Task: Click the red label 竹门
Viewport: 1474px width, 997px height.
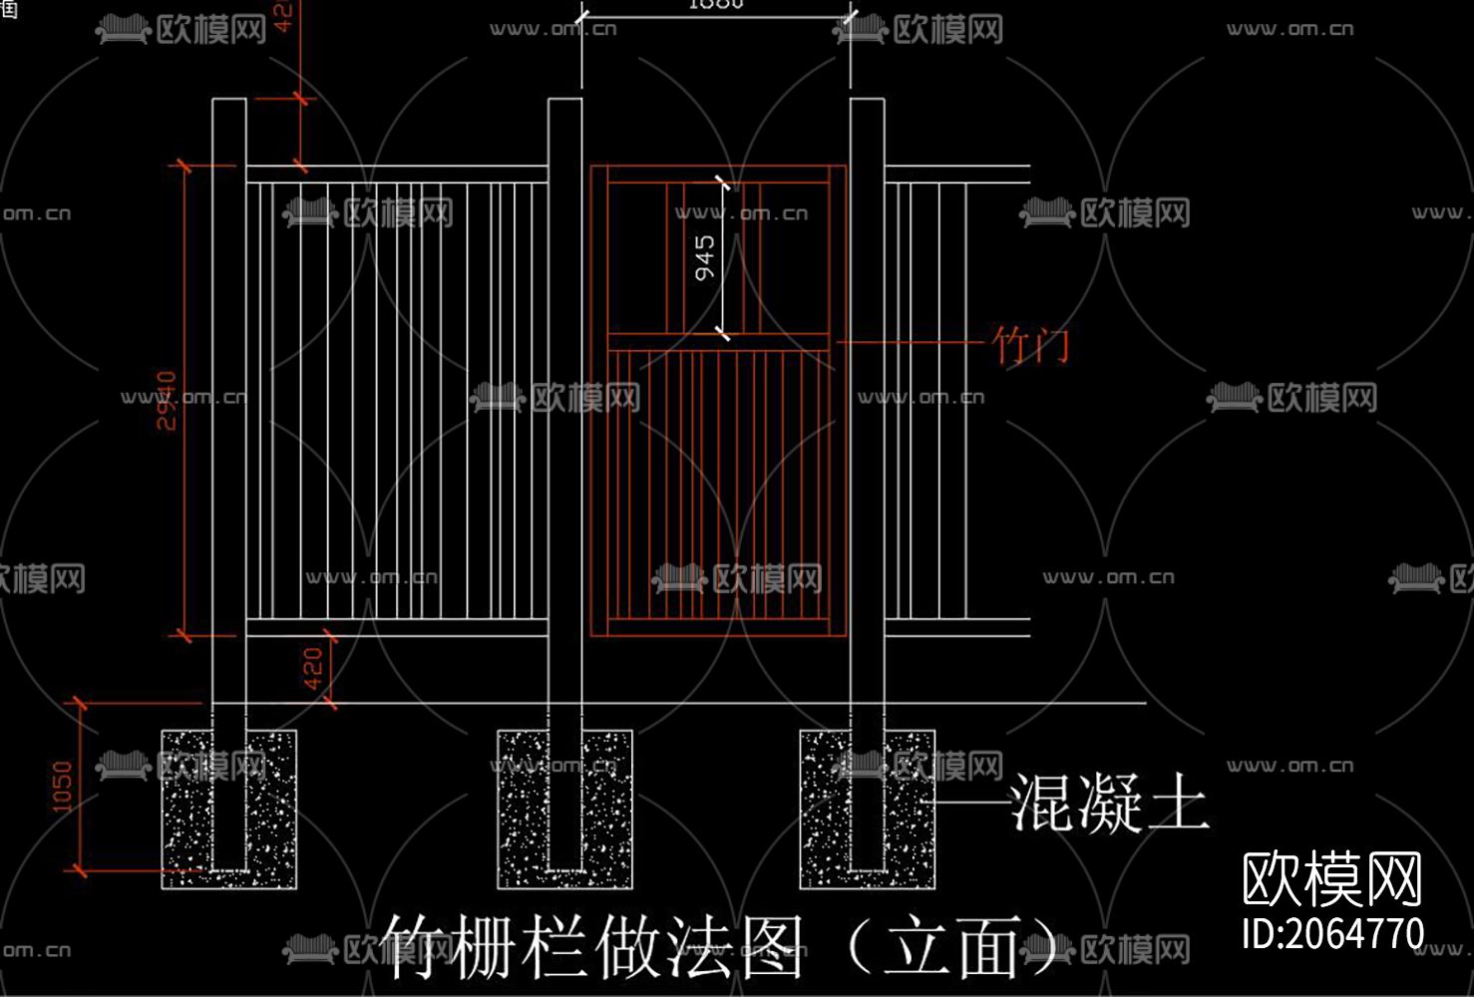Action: [1031, 345]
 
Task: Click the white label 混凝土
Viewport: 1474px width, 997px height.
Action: [1109, 804]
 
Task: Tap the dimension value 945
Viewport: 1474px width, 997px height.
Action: [705, 258]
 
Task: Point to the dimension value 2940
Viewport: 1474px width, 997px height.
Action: [167, 400]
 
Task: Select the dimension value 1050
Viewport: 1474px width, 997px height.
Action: [62, 787]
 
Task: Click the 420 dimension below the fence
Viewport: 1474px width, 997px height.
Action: [313, 668]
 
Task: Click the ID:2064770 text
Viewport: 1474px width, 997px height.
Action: [1332, 934]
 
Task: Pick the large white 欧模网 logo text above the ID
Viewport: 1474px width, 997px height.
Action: [1332, 878]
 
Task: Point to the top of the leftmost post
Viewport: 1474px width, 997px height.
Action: [229, 102]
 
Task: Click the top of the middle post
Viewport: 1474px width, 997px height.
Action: [564, 102]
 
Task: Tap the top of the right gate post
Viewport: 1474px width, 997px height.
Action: [867, 102]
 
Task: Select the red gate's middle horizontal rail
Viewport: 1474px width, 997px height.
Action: [718, 342]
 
